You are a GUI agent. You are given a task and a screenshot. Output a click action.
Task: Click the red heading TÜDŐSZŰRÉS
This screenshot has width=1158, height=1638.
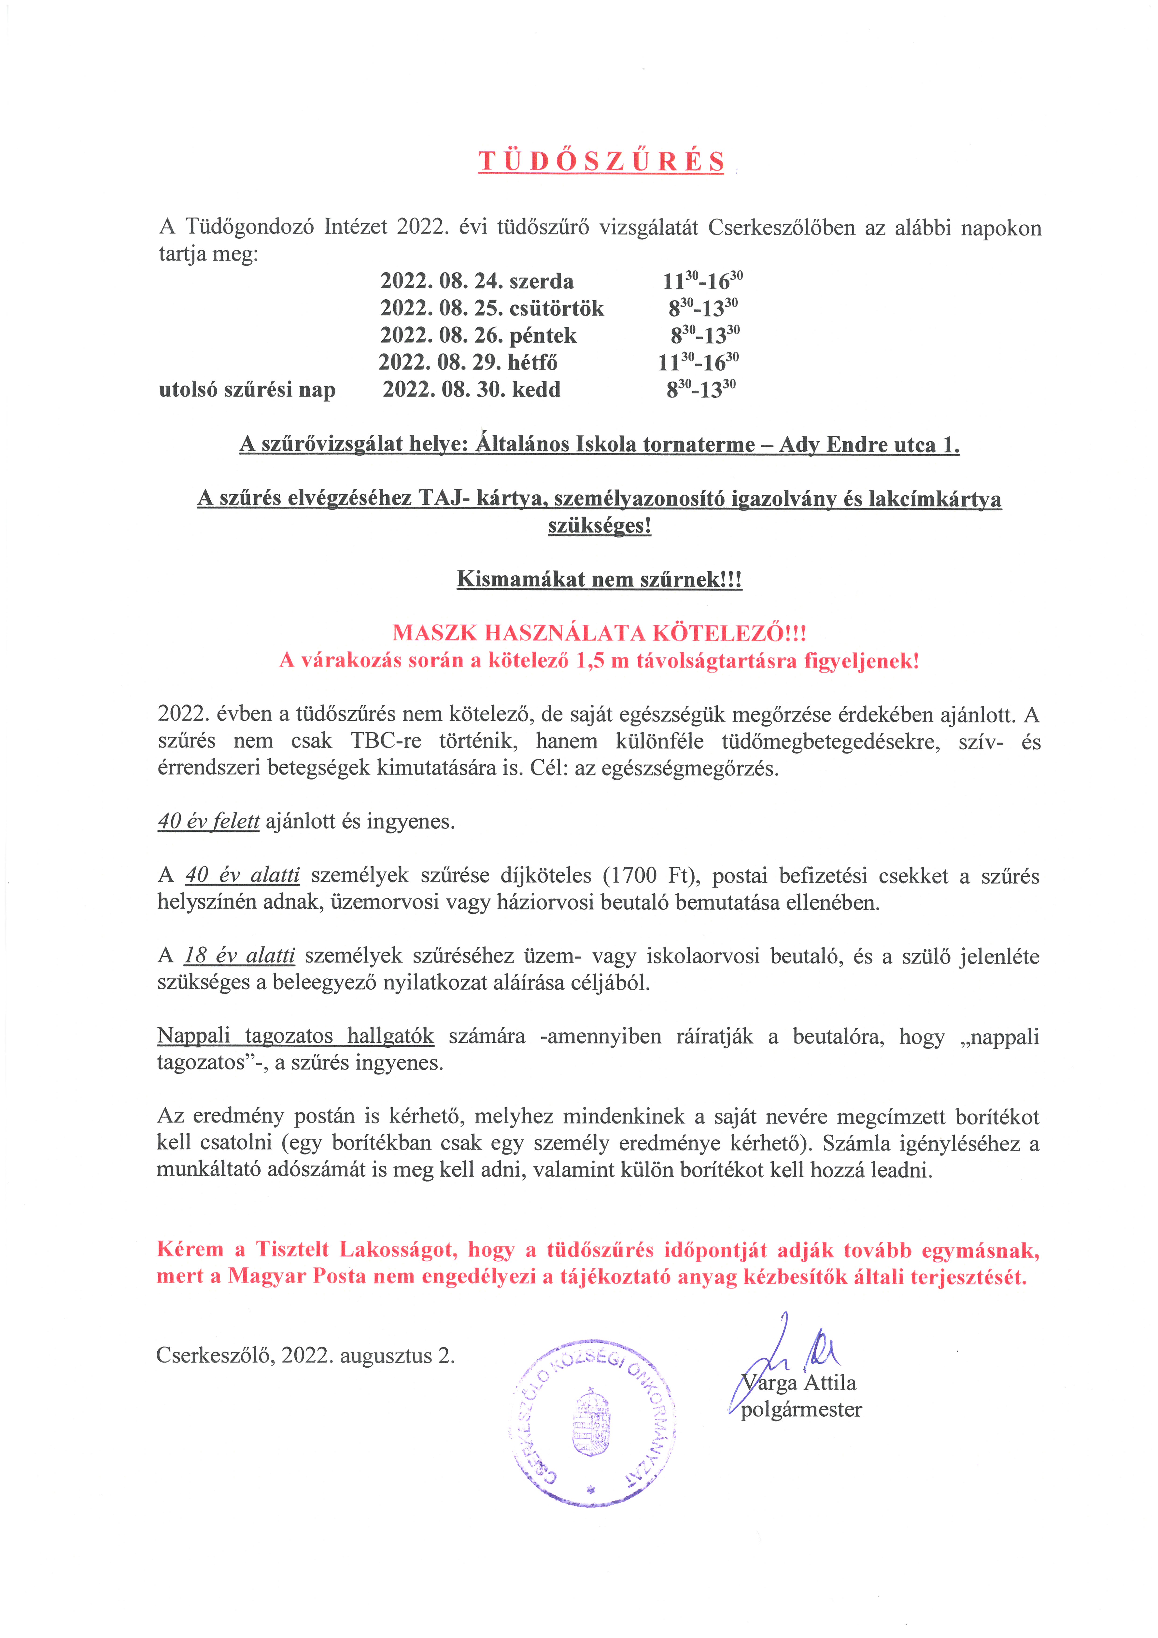click(x=601, y=162)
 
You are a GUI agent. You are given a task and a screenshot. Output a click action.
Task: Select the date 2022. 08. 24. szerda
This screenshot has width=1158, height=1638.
click(x=477, y=281)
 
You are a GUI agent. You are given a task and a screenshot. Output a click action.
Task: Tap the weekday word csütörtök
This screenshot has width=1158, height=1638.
click(x=557, y=308)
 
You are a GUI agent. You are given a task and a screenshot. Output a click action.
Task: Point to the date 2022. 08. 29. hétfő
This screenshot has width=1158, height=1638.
click(x=467, y=362)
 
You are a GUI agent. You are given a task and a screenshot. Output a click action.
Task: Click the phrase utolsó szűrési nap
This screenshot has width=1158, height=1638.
click(x=247, y=389)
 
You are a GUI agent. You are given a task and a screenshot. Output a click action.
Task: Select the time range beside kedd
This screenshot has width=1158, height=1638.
click(x=701, y=389)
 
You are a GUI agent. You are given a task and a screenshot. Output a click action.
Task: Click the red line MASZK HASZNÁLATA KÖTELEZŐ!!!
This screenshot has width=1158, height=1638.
click(x=599, y=633)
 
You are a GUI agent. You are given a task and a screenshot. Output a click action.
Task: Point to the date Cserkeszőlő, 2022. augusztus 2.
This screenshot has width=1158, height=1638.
click(x=305, y=1355)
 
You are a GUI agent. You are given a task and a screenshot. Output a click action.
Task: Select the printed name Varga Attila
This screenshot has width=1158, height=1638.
click(x=799, y=1383)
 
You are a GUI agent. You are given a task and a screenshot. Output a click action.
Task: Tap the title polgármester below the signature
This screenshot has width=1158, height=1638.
click(x=801, y=1410)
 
